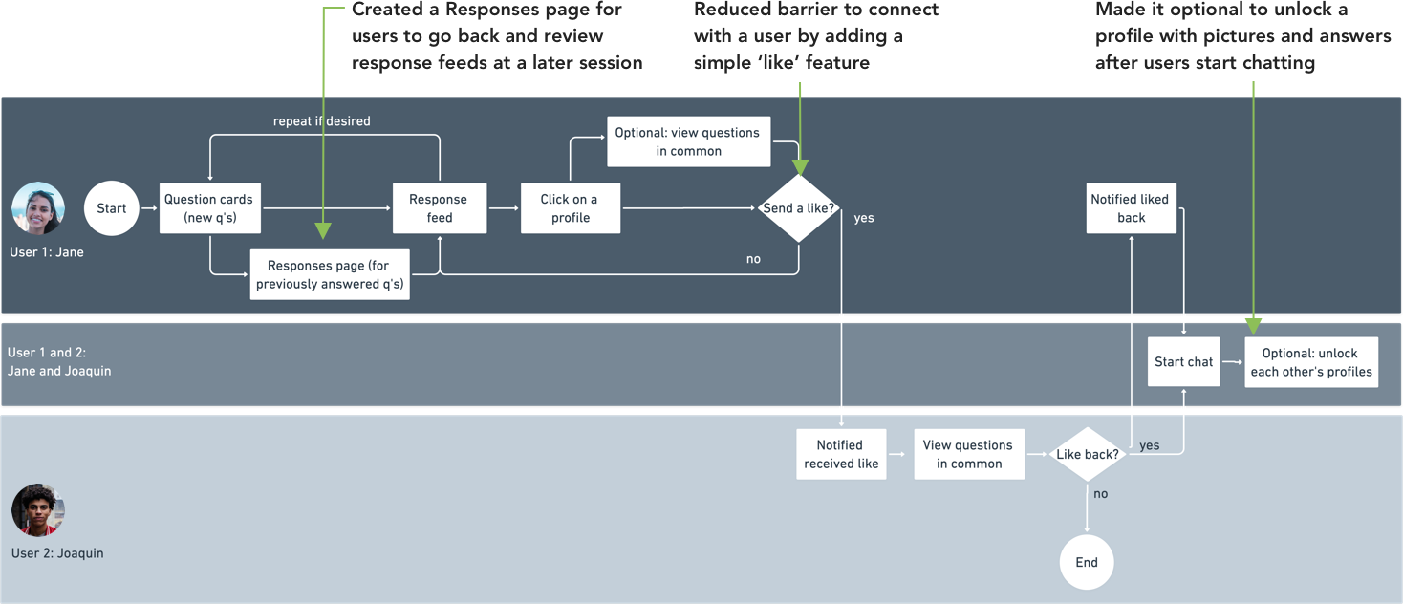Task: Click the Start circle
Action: [111, 208]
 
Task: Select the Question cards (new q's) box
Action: [208, 208]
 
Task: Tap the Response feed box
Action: [439, 208]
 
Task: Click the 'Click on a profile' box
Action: [570, 208]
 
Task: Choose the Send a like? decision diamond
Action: [798, 208]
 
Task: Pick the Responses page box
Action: [330, 275]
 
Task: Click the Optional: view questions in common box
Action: [688, 141]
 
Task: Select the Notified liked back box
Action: [1130, 208]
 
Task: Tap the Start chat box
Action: [1183, 362]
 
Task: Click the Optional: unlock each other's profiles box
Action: [1310, 362]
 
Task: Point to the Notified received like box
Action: [841, 454]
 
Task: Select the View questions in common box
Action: [968, 454]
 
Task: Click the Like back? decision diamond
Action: [1087, 454]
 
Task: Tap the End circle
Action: [1087, 562]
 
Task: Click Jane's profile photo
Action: [38, 208]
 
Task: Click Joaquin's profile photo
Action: [38, 510]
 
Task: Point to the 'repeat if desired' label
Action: [321, 121]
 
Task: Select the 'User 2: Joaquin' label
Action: [57, 553]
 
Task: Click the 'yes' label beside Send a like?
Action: [863, 218]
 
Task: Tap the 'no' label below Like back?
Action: [1100, 494]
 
